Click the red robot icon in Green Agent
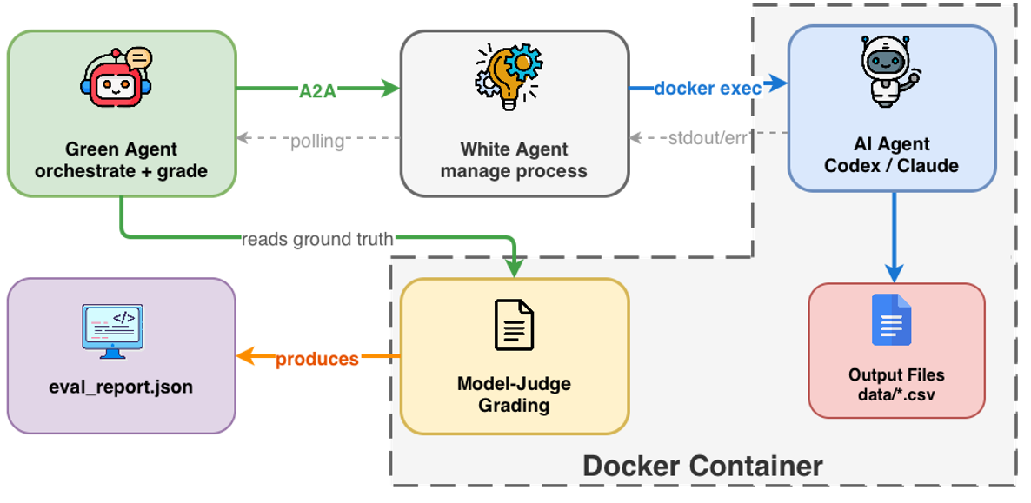pos(116,81)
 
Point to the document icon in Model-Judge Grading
pos(513,324)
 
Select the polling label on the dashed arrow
pos(317,140)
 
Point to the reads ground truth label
pos(317,239)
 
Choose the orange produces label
pos(317,359)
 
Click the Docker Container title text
pos(702,466)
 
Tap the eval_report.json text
pos(122,387)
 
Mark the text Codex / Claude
pos(892,165)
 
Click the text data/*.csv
pos(896,394)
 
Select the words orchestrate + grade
pos(121,170)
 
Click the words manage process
pos(514,170)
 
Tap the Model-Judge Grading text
pos(514,394)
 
